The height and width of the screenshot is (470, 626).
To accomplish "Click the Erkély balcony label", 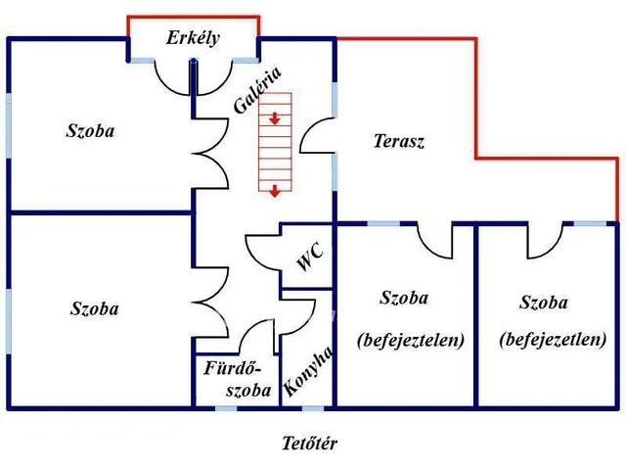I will [193, 39].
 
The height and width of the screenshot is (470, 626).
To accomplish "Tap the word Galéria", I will [258, 91].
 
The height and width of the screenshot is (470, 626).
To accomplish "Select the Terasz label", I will [399, 141].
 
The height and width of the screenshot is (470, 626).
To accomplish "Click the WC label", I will [309, 258].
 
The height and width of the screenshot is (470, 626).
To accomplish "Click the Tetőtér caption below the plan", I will [310, 444].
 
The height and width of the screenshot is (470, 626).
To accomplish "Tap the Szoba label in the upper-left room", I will [90, 130].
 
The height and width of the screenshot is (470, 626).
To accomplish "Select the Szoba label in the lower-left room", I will [95, 308].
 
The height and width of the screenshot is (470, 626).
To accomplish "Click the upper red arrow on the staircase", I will [276, 119].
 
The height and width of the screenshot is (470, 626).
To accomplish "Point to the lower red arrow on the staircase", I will [276, 189].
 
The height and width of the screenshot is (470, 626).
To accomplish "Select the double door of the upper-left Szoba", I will [207, 152].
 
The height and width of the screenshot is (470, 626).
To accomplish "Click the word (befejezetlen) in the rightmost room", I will [553, 340].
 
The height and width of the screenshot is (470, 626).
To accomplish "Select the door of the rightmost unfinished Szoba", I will [546, 240].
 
